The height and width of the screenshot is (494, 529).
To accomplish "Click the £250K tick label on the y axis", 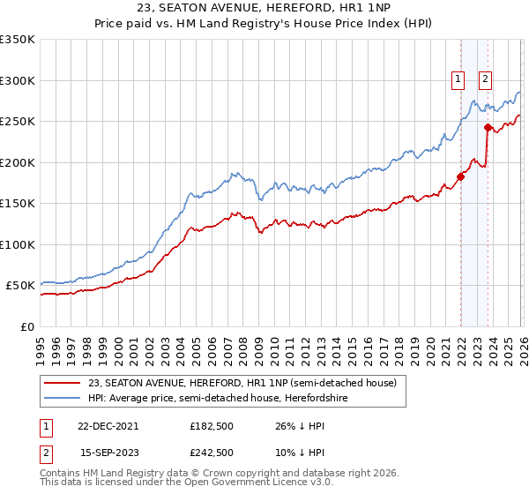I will tap(18, 121).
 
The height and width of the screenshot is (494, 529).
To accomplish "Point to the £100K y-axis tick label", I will tap(18, 244).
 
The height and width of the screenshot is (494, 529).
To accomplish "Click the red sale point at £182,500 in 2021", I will tap(460, 176).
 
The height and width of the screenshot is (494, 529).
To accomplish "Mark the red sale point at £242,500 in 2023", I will tap(487, 127).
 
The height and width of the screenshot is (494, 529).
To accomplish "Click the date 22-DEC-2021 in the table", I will tap(108, 425).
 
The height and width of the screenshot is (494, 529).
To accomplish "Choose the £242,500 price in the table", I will tap(212, 452).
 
